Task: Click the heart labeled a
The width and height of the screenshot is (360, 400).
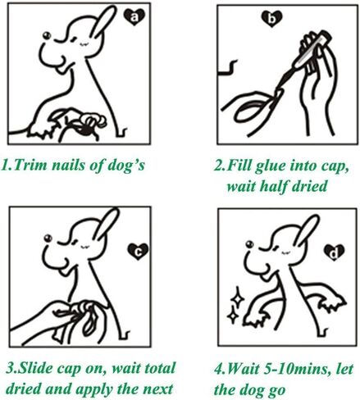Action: tap(134, 17)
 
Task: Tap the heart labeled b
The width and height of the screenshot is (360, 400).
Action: tap(271, 19)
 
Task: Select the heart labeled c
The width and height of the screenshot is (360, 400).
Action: tap(138, 252)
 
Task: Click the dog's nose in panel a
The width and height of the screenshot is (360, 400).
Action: tap(47, 35)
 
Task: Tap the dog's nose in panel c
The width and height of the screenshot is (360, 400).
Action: tap(48, 238)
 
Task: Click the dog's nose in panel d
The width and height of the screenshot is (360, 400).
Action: tap(249, 244)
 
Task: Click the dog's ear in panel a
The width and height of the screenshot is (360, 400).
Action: tap(103, 22)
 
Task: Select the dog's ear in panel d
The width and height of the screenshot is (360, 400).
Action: tap(306, 231)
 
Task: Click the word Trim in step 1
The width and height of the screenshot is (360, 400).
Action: tap(30, 165)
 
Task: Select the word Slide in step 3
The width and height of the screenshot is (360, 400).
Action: tap(37, 368)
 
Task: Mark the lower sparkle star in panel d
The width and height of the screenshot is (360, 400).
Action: tap(233, 315)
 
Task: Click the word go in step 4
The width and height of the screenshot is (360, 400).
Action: tap(276, 390)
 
